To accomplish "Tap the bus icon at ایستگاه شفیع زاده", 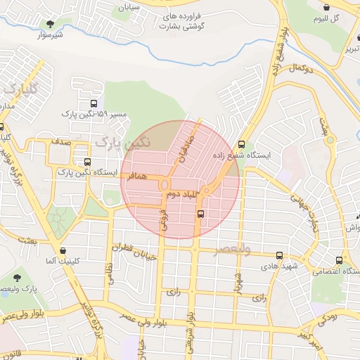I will click(243, 141).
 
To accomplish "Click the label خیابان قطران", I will click(137, 252).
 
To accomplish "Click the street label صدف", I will click(60, 141).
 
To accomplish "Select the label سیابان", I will click(129, 8).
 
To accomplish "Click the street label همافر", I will click(139, 179).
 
